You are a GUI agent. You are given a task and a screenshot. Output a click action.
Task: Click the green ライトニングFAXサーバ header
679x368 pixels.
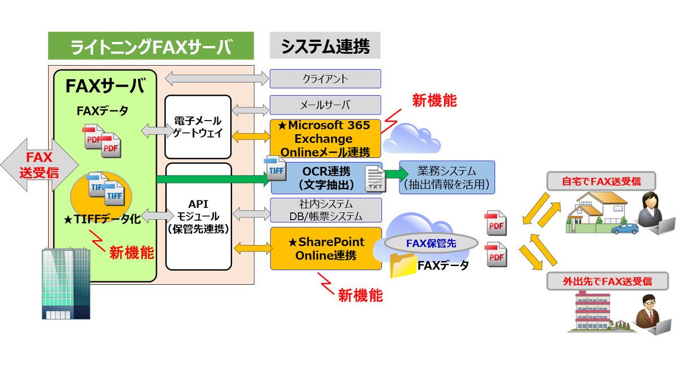[x=151, y=46]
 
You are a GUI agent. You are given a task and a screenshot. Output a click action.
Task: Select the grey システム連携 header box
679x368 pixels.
[x=325, y=46]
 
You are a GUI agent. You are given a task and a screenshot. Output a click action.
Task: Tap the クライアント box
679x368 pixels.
[x=325, y=79]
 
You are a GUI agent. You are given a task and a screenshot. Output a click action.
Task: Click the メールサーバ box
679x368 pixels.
[x=325, y=105]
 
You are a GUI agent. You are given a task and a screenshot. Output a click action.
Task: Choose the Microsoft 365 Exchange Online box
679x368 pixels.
[x=325, y=139]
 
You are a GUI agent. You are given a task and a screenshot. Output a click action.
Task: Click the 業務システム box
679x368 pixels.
[x=447, y=178]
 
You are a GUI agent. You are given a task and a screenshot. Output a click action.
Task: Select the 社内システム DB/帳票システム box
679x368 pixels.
[x=325, y=210]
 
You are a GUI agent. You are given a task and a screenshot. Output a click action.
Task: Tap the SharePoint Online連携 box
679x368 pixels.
[x=326, y=249]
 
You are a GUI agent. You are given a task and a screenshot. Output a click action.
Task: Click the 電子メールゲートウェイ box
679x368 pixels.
[x=198, y=127]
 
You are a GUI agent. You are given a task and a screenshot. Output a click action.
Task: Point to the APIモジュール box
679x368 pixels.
[x=198, y=216]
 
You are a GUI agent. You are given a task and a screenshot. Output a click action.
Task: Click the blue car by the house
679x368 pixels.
[x=624, y=229]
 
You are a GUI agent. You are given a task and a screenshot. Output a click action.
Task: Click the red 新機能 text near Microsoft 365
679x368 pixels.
[x=434, y=101]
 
